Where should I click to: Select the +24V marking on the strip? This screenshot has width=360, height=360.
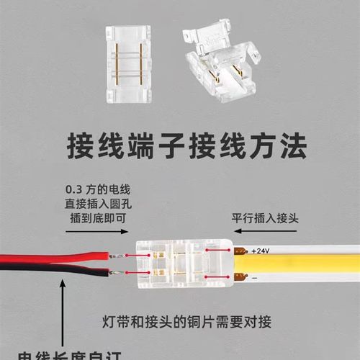(x=260, y=251)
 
